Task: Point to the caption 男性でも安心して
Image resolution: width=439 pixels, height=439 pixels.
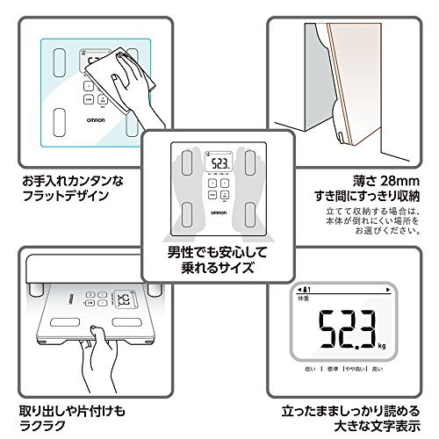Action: click(x=219, y=249)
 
